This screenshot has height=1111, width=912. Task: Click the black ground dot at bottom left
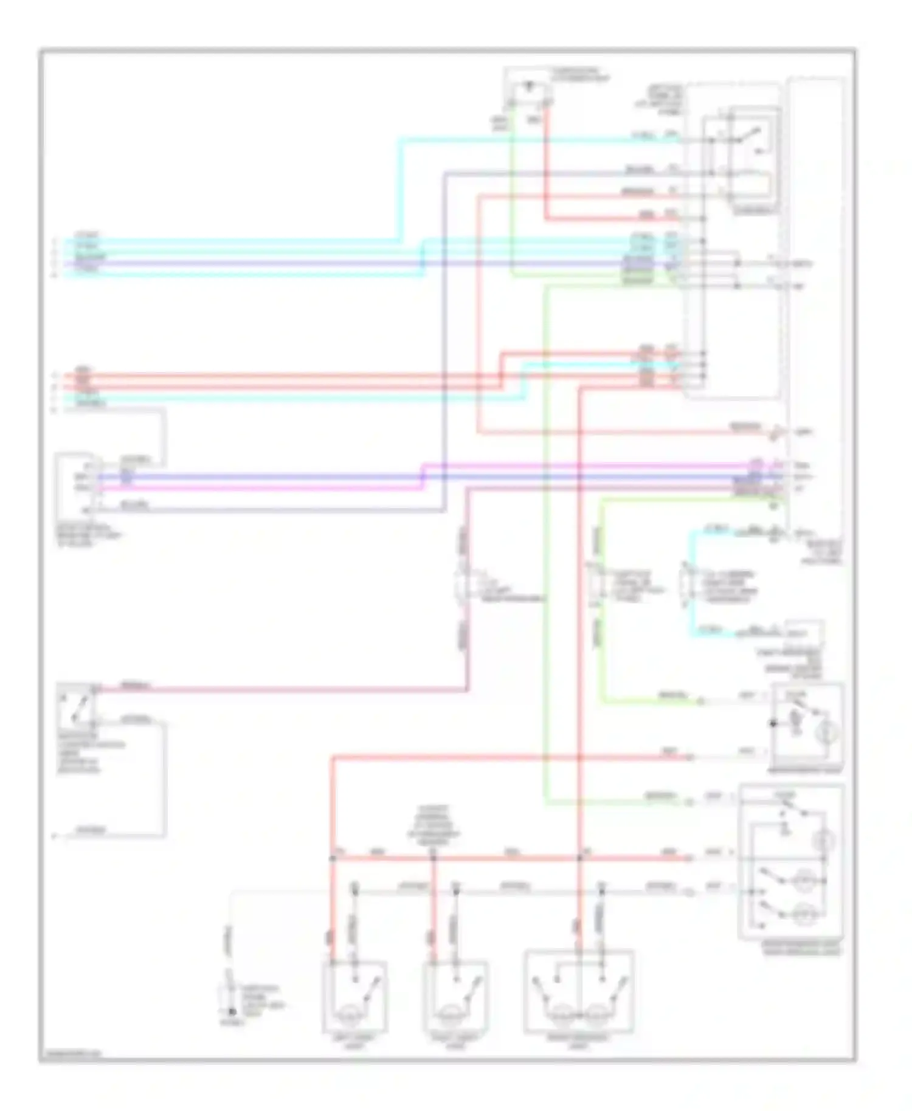point(231,1013)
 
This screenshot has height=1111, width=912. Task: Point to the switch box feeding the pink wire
point(76,709)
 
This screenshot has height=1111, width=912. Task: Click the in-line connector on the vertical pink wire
point(465,585)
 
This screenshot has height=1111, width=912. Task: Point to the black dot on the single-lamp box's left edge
point(773,723)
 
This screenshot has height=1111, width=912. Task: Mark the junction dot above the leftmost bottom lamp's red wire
point(333,858)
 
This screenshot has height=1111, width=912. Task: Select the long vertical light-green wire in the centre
point(545,547)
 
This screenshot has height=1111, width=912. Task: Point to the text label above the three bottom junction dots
point(433,822)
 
